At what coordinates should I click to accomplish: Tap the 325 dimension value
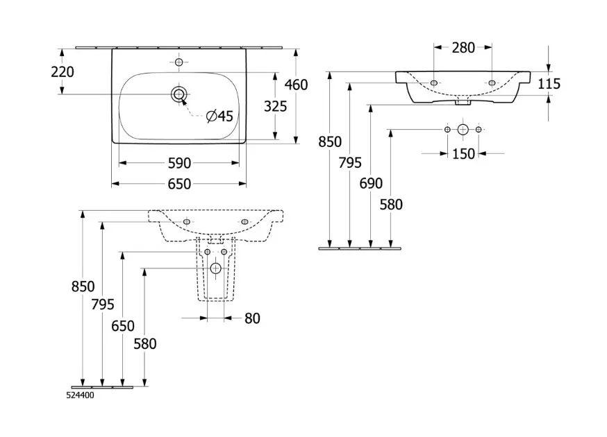[x=276, y=108]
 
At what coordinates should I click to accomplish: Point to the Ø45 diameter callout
[x=219, y=116]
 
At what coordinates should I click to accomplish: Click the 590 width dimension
[x=179, y=163]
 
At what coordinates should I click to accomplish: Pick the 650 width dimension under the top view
[x=179, y=184]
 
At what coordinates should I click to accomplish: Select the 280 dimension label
[x=463, y=48]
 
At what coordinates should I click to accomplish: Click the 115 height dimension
[x=549, y=85]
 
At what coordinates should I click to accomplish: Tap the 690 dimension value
[x=372, y=184]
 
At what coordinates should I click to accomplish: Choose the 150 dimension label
[x=463, y=153]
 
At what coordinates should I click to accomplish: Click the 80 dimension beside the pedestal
[x=252, y=318]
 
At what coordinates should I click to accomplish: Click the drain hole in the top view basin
[x=179, y=94]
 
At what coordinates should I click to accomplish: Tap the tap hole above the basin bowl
[x=178, y=63]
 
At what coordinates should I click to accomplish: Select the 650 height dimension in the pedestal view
[x=123, y=326]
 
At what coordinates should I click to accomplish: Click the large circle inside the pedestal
[x=215, y=268]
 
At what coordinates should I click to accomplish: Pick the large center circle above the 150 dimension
[x=463, y=130]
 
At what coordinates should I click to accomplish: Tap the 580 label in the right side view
[x=392, y=204]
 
